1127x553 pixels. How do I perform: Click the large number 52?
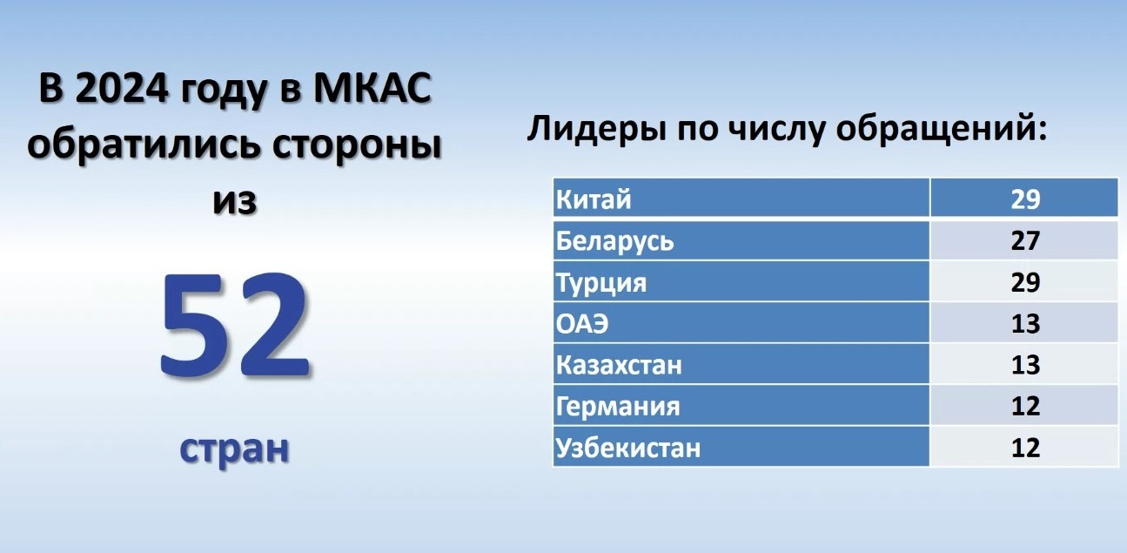[234, 325]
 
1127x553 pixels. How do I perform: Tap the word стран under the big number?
[234, 448]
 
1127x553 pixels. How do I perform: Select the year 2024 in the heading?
[121, 89]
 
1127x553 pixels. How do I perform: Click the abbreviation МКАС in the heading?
[372, 89]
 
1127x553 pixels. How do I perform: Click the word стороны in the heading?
[357, 146]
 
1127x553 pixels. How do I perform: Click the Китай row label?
[594, 199]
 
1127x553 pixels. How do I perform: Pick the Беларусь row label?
[614, 240]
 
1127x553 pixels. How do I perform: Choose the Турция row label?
[601, 282]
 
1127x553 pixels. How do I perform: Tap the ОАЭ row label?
[582, 323]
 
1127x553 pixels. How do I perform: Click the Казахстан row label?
[619, 365]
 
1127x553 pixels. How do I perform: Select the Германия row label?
[618, 406]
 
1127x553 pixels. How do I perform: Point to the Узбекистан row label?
[628, 448]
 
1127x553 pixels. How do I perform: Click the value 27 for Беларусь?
[1025, 240]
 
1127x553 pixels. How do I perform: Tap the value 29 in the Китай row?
[1025, 199]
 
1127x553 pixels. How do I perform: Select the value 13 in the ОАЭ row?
[1025, 323]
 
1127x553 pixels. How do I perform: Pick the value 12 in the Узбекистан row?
[1025, 448]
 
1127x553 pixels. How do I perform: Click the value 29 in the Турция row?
[1025, 282]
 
